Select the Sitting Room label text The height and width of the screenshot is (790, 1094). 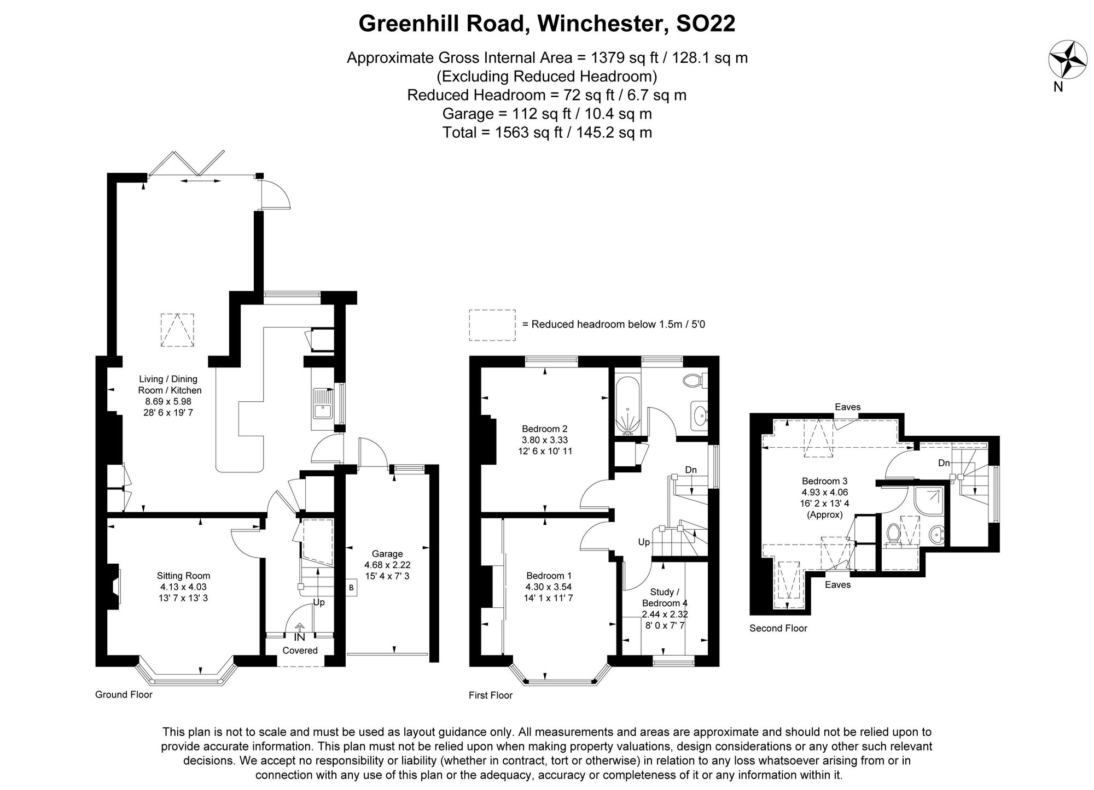183,587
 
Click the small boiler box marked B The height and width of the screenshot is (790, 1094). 351,588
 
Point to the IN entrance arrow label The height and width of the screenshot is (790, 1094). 299,636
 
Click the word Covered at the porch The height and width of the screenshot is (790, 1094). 300,650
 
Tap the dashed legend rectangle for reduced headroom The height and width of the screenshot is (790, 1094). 492,325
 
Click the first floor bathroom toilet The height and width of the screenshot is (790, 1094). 695,381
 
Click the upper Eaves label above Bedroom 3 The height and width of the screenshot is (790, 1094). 847,407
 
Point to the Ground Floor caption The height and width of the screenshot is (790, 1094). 124,695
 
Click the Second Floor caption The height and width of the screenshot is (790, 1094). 778,628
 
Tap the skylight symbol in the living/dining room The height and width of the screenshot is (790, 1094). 177,330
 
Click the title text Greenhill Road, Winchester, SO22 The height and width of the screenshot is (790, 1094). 546,24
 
